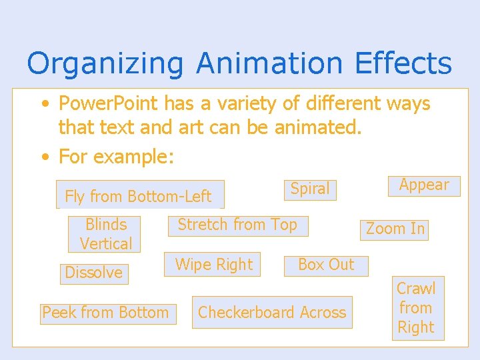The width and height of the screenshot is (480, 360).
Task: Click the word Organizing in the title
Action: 105,64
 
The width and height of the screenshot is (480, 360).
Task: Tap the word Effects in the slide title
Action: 403,64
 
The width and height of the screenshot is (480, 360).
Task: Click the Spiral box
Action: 310,189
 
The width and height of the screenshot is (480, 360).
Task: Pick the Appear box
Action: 424,185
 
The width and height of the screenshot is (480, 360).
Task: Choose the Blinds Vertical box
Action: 105,234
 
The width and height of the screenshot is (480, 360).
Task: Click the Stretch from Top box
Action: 238,225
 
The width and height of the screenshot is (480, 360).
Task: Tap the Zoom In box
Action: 395,229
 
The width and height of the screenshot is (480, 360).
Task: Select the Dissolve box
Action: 94,273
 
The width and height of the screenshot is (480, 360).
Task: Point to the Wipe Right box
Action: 214,265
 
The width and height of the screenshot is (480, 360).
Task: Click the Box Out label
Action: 326,265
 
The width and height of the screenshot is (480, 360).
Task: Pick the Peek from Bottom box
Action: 106,313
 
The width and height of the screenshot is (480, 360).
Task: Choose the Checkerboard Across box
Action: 272,313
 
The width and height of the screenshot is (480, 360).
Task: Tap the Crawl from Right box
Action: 417,308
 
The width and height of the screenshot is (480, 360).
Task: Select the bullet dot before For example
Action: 45,157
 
